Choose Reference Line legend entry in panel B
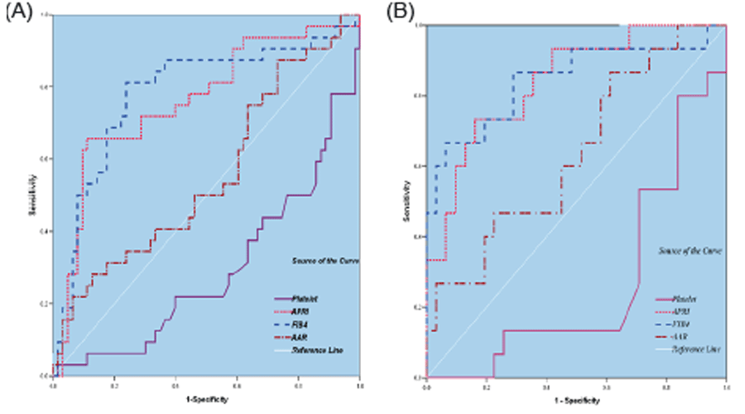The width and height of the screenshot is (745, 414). [x=691, y=351]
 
